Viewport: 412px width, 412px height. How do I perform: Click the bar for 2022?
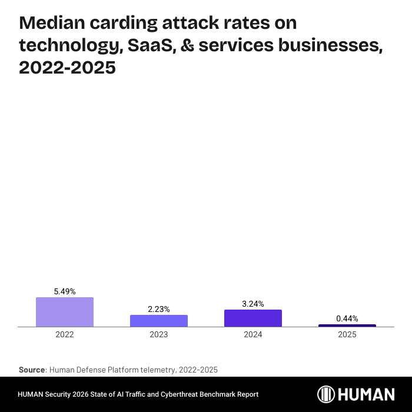(65, 312)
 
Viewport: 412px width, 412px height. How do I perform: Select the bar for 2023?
(159, 321)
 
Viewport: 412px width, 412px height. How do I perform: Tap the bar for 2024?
(253, 318)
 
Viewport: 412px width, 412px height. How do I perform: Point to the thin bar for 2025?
(347, 325)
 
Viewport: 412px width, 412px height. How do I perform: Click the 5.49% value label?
(65, 291)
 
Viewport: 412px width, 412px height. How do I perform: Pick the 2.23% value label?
(159, 309)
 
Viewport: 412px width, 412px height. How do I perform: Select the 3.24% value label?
(253, 304)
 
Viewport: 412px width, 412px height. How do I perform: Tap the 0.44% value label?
(347, 318)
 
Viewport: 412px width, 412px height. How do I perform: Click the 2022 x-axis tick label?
(65, 334)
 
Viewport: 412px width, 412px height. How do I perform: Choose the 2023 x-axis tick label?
(159, 334)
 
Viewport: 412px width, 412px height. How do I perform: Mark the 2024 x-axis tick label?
(253, 334)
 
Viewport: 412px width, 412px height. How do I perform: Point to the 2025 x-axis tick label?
(347, 334)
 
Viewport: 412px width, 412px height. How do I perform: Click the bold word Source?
(32, 370)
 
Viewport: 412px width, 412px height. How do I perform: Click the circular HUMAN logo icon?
(327, 394)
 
